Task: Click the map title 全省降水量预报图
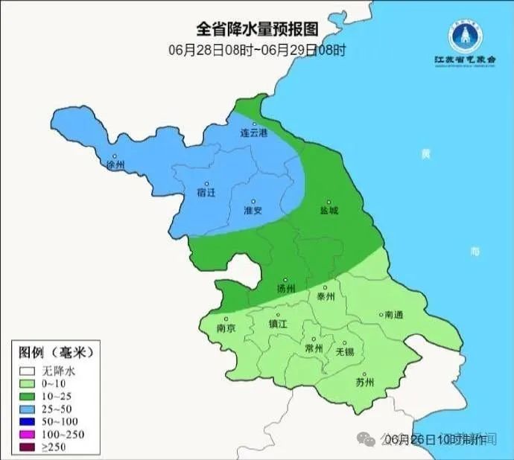[257, 29]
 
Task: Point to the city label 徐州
[116, 164]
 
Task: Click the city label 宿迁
[206, 192]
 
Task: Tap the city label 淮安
[253, 210]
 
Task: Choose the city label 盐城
[329, 210]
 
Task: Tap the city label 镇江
[278, 324]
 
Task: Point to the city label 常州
[314, 348]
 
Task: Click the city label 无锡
[345, 351]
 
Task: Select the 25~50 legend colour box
[28, 409]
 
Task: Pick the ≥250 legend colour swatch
[28, 447]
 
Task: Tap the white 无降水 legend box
[28, 370]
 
